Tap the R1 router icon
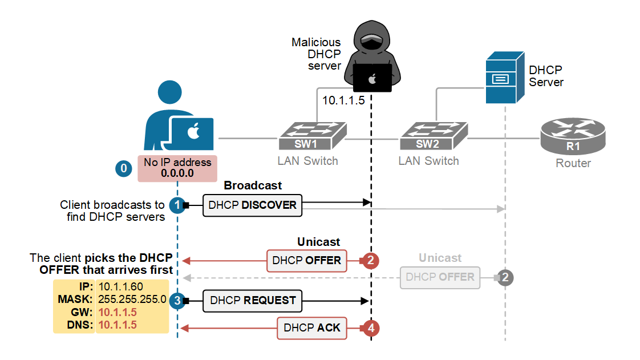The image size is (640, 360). point(573,137)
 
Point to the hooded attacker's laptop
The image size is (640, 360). point(372,78)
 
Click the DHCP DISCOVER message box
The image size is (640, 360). point(252,205)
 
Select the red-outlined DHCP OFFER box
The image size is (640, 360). point(307,260)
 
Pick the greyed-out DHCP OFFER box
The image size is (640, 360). point(440,277)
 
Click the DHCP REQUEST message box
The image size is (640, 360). point(253,300)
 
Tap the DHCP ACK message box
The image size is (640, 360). point(312,327)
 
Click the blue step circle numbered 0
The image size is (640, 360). point(123,168)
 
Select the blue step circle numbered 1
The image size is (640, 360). point(177,205)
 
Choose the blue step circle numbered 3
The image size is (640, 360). point(177,300)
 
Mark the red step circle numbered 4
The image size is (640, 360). point(371,328)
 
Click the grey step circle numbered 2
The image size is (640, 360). point(505,277)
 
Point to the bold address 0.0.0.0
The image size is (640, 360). point(177,173)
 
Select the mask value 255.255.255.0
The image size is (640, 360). point(132,299)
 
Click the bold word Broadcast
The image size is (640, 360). point(253,185)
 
